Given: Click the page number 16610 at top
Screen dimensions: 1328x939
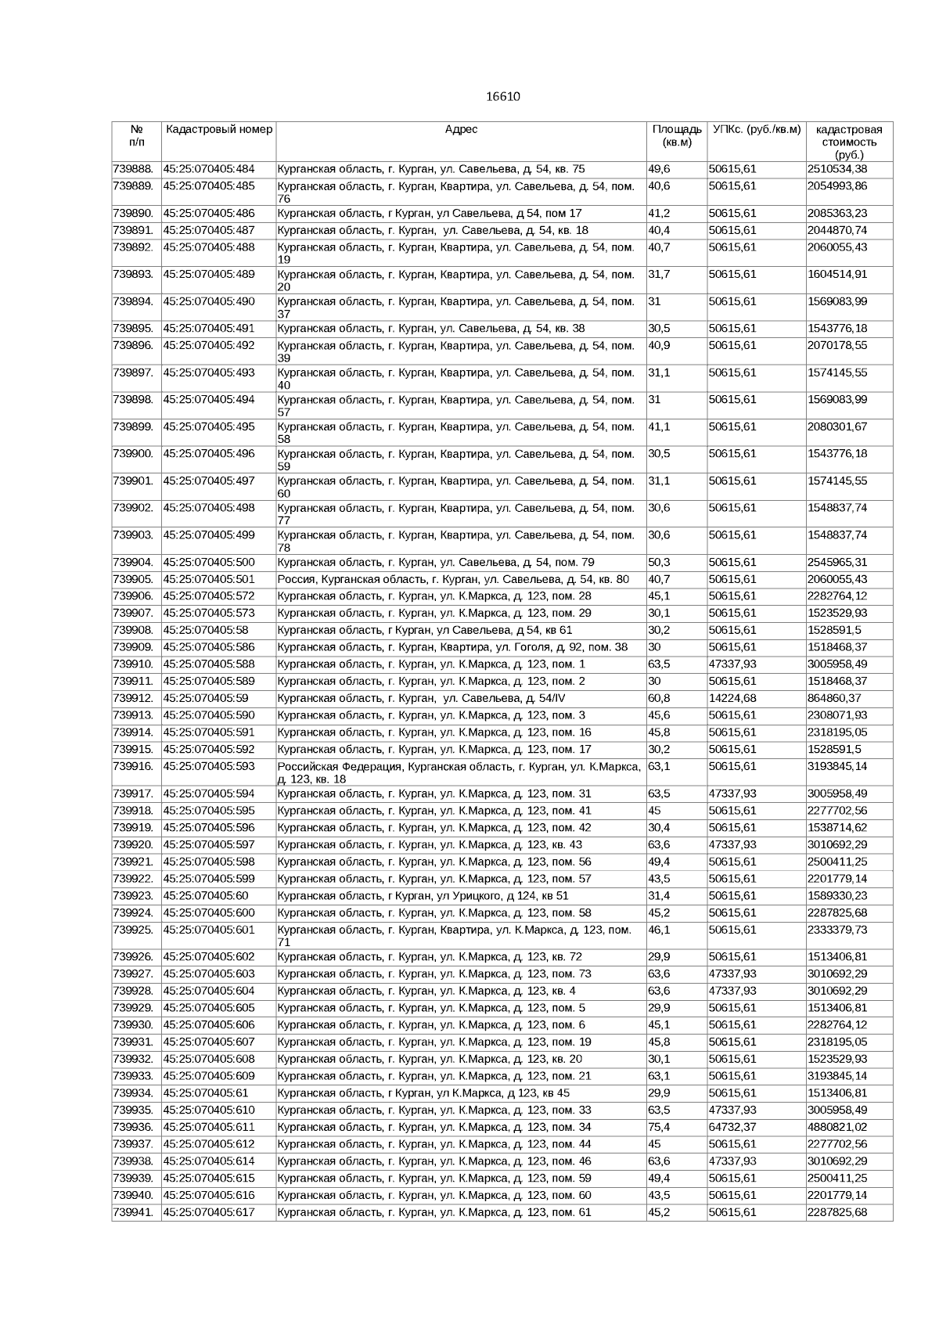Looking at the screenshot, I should [502, 97].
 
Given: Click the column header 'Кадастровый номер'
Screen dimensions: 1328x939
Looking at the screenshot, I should [218, 129].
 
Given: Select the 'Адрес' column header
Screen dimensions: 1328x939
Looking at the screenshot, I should [461, 129].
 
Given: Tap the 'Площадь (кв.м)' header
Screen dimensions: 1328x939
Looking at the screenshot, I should [677, 135].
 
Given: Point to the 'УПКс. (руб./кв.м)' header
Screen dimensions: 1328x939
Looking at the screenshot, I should [757, 129].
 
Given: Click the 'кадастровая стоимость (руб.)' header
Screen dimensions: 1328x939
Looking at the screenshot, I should [849, 142].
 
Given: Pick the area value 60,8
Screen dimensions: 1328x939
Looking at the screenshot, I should [660, 698].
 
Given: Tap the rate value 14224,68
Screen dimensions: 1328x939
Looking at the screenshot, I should [732, 698].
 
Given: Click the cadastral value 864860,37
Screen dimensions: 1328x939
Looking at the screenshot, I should [834, 698].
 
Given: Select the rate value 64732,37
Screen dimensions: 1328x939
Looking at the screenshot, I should [732, 1127].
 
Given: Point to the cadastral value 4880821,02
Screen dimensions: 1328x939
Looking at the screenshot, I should [837, 1127].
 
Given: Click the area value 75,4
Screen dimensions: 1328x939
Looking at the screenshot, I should [660, 1127].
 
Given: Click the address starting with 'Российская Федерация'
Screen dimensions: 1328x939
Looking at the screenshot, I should [459, 772].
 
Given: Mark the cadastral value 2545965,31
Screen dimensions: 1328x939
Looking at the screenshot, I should [837, 562].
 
